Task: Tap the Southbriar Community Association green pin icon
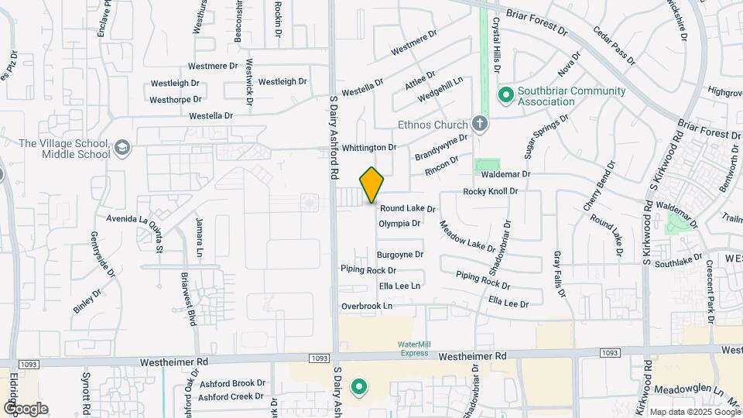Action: pyautogui.click(x=506, y=95)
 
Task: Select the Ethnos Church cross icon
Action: pyautogui.click(x=480, y=124)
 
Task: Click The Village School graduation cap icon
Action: pyautogui.click(x=122, y=148)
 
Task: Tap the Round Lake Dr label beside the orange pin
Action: pyautogui.click(x=408, y=209)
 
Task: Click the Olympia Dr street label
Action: pyautogui.click(x=399, y=224)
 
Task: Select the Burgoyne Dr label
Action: pyautogui.click(x=399, y=255)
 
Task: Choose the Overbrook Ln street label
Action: pyautogui.click(x=367, y=307)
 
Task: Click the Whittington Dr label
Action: pyautogui.click(x=369, y=147)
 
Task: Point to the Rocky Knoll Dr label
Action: pyautogui.click(x=490, y=192)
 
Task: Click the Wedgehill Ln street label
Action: pyautogui.click(x=440, y=90)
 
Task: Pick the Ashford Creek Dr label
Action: pyautogui.click(x=231, y=397)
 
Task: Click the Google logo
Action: pyautogui.click(x=25, y=409)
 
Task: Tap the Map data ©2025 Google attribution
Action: pyautogui.click(x=693, y=412)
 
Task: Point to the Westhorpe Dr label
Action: pyautogui.click(x=176, y=100)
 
